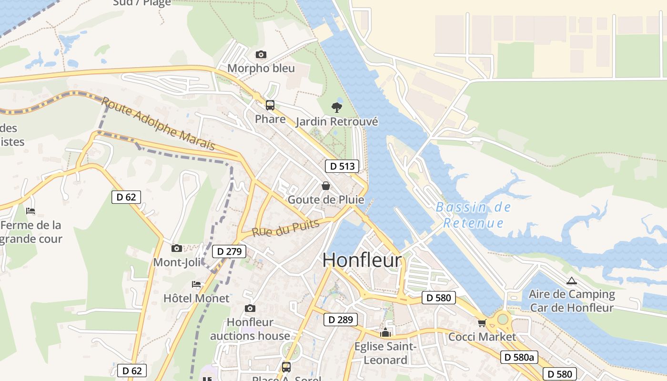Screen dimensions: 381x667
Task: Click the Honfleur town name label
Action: (362, 260)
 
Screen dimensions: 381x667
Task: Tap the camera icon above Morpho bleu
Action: (261, 55)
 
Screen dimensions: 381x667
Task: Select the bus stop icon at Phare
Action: (270, 105)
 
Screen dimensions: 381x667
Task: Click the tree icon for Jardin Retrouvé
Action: (337, 107)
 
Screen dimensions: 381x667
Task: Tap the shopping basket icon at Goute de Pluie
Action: (326, 186)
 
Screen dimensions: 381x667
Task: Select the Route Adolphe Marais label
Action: (159, 124)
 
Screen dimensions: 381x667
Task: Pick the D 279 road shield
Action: (229, 251)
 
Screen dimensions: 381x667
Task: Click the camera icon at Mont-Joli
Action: (177, 248)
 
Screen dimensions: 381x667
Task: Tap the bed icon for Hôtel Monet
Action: (196, 284)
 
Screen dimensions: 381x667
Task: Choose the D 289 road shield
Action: (340, 320)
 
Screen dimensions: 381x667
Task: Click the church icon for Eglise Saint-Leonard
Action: (385, 332)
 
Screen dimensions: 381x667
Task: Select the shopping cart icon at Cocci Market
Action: (482, 323)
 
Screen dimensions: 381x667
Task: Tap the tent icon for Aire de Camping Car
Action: (572, 281)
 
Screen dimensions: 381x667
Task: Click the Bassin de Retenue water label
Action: (473, 215)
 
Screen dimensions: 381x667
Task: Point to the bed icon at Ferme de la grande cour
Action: (30, 211)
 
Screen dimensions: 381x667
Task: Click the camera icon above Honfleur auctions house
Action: (250, 309)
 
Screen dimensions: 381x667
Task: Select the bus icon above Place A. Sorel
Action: (286, 367)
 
